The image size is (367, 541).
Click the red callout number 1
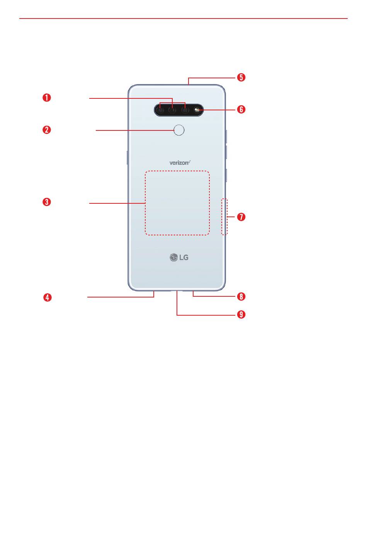(x=47, y=98)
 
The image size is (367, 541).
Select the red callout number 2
(x=47, y=130)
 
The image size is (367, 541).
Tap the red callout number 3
(x=47, y=202)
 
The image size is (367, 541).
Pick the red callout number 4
(x=48, y=297)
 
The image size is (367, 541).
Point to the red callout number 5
(x=241, y=77)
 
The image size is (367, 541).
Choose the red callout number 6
(x=241, y=109)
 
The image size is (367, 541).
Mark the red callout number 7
(x=241, y=217)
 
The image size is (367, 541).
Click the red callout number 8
(x=241, y=296)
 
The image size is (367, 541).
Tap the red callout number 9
(x=241, y=314)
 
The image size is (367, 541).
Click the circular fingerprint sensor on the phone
(x=179, y=130)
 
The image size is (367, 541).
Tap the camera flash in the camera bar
(x=197, y=110)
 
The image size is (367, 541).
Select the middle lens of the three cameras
(x=172, y=110)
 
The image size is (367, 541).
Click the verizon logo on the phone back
(x=180, y=162)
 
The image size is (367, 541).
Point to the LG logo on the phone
(x=179, y=257)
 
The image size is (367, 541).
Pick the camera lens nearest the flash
(x=185, y=110)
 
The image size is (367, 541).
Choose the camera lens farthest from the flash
(x=160, y=110)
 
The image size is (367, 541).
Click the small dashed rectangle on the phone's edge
(x=224, y=216)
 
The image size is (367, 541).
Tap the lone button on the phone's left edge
(x=127, y=157)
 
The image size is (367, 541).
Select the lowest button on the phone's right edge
(x=226, y=175)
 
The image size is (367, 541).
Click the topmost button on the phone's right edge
(x=226, y=137)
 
